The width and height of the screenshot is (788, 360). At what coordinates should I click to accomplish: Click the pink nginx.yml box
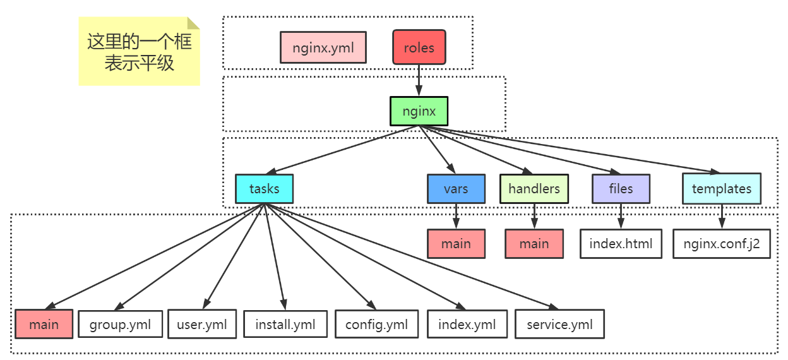323,47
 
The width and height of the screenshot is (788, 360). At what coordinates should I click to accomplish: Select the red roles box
419,47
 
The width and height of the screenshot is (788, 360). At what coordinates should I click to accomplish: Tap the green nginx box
419,111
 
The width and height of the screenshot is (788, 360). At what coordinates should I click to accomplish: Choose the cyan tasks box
264,189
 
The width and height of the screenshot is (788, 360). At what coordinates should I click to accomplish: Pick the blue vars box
457,189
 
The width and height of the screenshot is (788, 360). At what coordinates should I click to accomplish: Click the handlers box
534,189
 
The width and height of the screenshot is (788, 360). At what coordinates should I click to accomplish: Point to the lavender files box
621,189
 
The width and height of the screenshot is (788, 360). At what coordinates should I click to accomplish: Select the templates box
722,189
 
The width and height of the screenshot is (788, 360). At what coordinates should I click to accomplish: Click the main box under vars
457,244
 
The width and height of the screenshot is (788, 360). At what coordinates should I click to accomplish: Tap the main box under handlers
534,244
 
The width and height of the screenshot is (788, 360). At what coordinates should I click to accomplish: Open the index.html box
621,244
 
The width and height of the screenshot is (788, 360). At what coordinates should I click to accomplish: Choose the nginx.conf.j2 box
722,244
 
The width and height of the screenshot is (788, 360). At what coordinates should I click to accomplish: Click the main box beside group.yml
44,324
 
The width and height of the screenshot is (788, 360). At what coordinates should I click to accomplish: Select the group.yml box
121,324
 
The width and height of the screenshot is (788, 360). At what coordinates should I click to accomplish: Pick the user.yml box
202,324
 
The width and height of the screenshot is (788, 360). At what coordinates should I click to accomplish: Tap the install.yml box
285,324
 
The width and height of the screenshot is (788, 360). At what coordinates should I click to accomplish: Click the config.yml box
376,324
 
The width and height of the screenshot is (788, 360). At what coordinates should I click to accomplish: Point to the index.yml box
467,324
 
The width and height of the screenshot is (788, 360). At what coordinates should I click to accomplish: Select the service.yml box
559,324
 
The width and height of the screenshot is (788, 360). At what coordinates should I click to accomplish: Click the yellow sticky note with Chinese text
140,51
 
